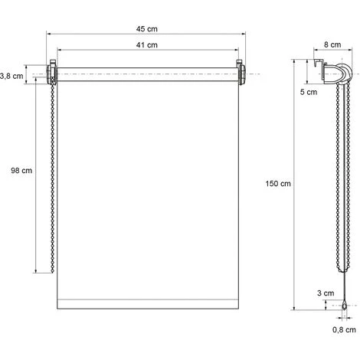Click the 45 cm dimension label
[147, 29]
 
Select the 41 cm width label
[147, 45]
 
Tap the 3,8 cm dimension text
[11, 76]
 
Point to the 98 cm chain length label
[21, 170]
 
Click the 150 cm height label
[278, 184]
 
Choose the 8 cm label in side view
[332, 44]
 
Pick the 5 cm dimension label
[309, 92]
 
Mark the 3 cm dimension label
[326, 293]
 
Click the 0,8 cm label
[344, 329]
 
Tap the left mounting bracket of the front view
[52, 73]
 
